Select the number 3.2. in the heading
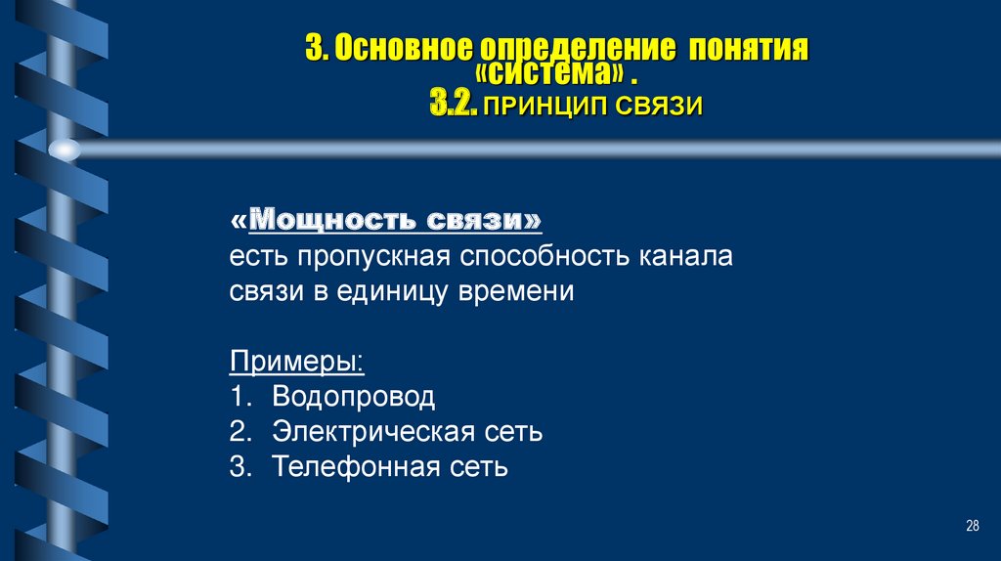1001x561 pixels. click(x=453, y=105)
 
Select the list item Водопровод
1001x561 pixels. click(x=354, y=397)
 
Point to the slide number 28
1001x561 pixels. click(x=972, y=527)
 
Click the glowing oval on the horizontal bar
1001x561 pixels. click(x=65, y=149)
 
